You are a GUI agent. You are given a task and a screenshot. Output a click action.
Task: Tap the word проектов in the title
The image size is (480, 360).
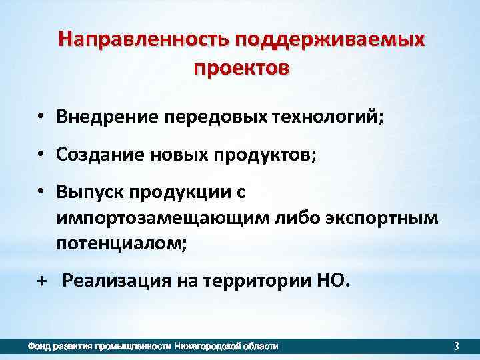click(x=241, y=68)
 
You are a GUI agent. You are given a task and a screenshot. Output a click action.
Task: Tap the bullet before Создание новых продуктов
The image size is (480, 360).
click(x=41, y=155)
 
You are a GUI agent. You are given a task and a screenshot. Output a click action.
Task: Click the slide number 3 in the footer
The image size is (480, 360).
click(x=456, y=346)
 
